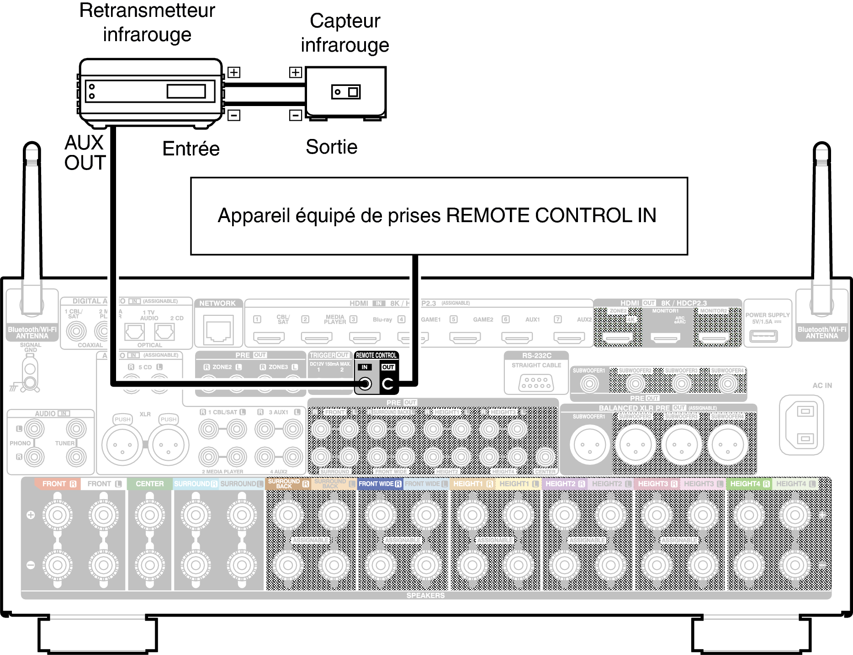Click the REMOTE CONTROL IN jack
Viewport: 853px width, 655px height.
tap(365, 383)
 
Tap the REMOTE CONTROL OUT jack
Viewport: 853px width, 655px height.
tap(387, 383)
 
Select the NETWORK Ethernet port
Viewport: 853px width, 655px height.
tap(218, 331)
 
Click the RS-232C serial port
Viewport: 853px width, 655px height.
tap(536, 383)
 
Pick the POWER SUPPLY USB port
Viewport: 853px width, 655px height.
tap(763, 336)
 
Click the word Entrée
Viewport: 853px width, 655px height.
tap(191, 149)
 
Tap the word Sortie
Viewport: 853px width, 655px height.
tap(331, 147)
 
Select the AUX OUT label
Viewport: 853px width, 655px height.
tap(85, 153)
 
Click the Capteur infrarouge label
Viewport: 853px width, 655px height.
tap(345, 33)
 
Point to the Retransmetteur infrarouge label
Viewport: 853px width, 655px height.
tap(147, 22)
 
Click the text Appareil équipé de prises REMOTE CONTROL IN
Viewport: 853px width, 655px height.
tap(437, 215)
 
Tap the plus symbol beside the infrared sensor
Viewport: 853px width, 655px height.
tap(296, 72)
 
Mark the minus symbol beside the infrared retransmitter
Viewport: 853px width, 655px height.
tap(234, 115)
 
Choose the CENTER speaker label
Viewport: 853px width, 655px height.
tap(149, 484)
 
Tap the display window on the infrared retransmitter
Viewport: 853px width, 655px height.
tap(186, 91)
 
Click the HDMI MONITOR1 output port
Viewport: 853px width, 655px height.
tap(665, 338)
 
